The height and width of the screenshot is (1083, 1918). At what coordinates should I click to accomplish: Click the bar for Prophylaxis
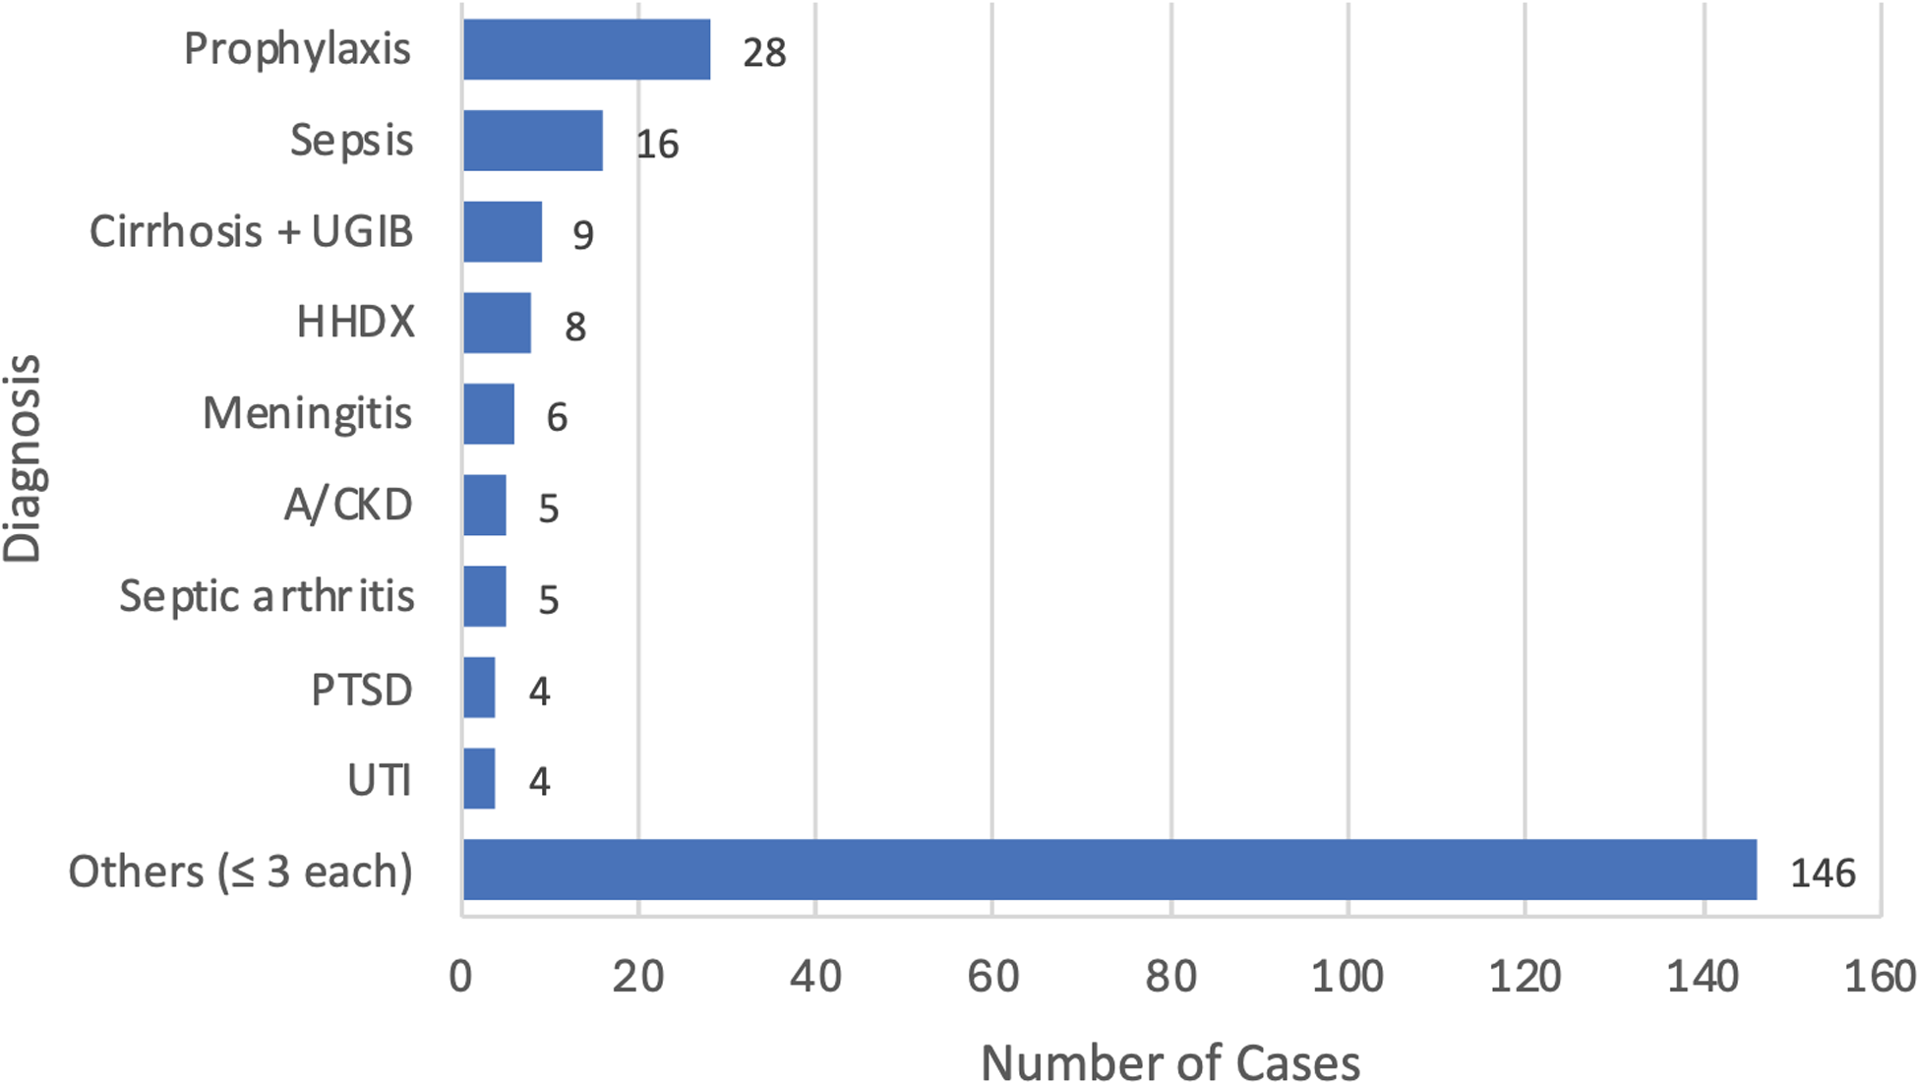tap(586, 49)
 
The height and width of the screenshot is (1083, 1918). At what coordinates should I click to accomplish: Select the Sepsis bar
tap(532, 141)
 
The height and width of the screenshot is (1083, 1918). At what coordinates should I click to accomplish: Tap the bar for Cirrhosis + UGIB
tap(502, 232)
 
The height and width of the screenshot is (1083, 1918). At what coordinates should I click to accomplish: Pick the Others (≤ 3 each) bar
tap(1109, 871)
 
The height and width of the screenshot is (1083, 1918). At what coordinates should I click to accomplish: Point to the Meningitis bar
tap(488, 414)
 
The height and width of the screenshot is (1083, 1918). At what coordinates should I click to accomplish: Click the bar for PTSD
tap(479, 688)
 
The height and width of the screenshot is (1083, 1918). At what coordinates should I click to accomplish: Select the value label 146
tap(1822, 873)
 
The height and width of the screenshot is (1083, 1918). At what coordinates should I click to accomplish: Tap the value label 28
tap(764, 53)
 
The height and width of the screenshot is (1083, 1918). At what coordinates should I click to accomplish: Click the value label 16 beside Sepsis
tap(657, 145)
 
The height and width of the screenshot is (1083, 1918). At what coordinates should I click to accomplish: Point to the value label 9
tap(583, 236)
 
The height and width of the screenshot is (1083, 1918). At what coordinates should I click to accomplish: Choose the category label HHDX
tap(356, 323)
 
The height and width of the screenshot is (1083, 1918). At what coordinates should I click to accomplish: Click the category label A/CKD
tap(348, 506)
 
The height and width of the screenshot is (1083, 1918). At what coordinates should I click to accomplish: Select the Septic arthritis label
tap(267, 597)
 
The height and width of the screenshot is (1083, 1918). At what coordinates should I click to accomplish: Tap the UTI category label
tap(380, 780)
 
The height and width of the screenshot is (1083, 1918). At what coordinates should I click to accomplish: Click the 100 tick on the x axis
tap(1348, 977)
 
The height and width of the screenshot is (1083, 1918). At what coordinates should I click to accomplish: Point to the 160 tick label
tap(1880, 977)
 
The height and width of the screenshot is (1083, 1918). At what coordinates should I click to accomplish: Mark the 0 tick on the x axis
tap(461, 977)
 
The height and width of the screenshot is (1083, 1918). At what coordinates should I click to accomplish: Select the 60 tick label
tap(992, 977)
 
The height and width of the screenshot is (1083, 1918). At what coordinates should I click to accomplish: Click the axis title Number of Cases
tap(1170, 1062)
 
